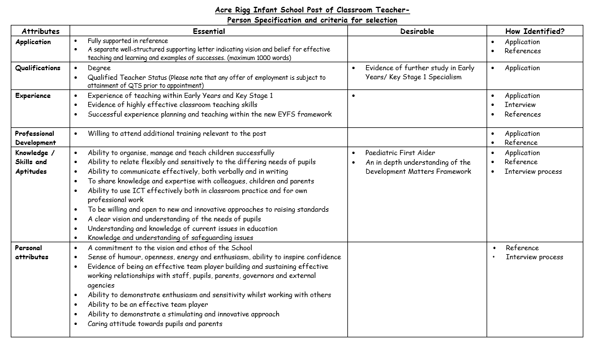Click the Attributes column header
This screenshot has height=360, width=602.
tap(40, 31)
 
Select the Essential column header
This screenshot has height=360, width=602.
tap(209, 31)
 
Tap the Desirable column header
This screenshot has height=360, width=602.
tap(417, 31)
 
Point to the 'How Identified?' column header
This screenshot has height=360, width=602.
tap(535, 31)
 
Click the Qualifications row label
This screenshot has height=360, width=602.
tap(38, 68)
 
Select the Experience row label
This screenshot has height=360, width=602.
tap(33, 96)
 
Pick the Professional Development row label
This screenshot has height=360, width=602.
tap(35, 138)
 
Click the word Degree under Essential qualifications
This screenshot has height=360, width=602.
tap(99, 68)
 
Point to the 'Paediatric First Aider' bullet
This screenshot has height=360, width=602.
tap(400, 153)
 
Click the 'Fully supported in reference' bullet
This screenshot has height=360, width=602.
tap(127, 41)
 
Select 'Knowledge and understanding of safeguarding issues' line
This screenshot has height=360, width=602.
tap(170, 238)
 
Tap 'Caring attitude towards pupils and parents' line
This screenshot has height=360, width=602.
tap(154, 324)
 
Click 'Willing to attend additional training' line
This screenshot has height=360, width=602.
tap(177, 134)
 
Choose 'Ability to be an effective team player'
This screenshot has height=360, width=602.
tap(148, 305)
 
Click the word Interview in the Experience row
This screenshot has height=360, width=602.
tap(520, 105)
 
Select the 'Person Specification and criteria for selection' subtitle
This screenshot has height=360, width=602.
tap(312, 20)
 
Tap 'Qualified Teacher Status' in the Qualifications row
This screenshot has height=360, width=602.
tap(127, 78)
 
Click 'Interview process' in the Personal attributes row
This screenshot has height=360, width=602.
tap(534, 257)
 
